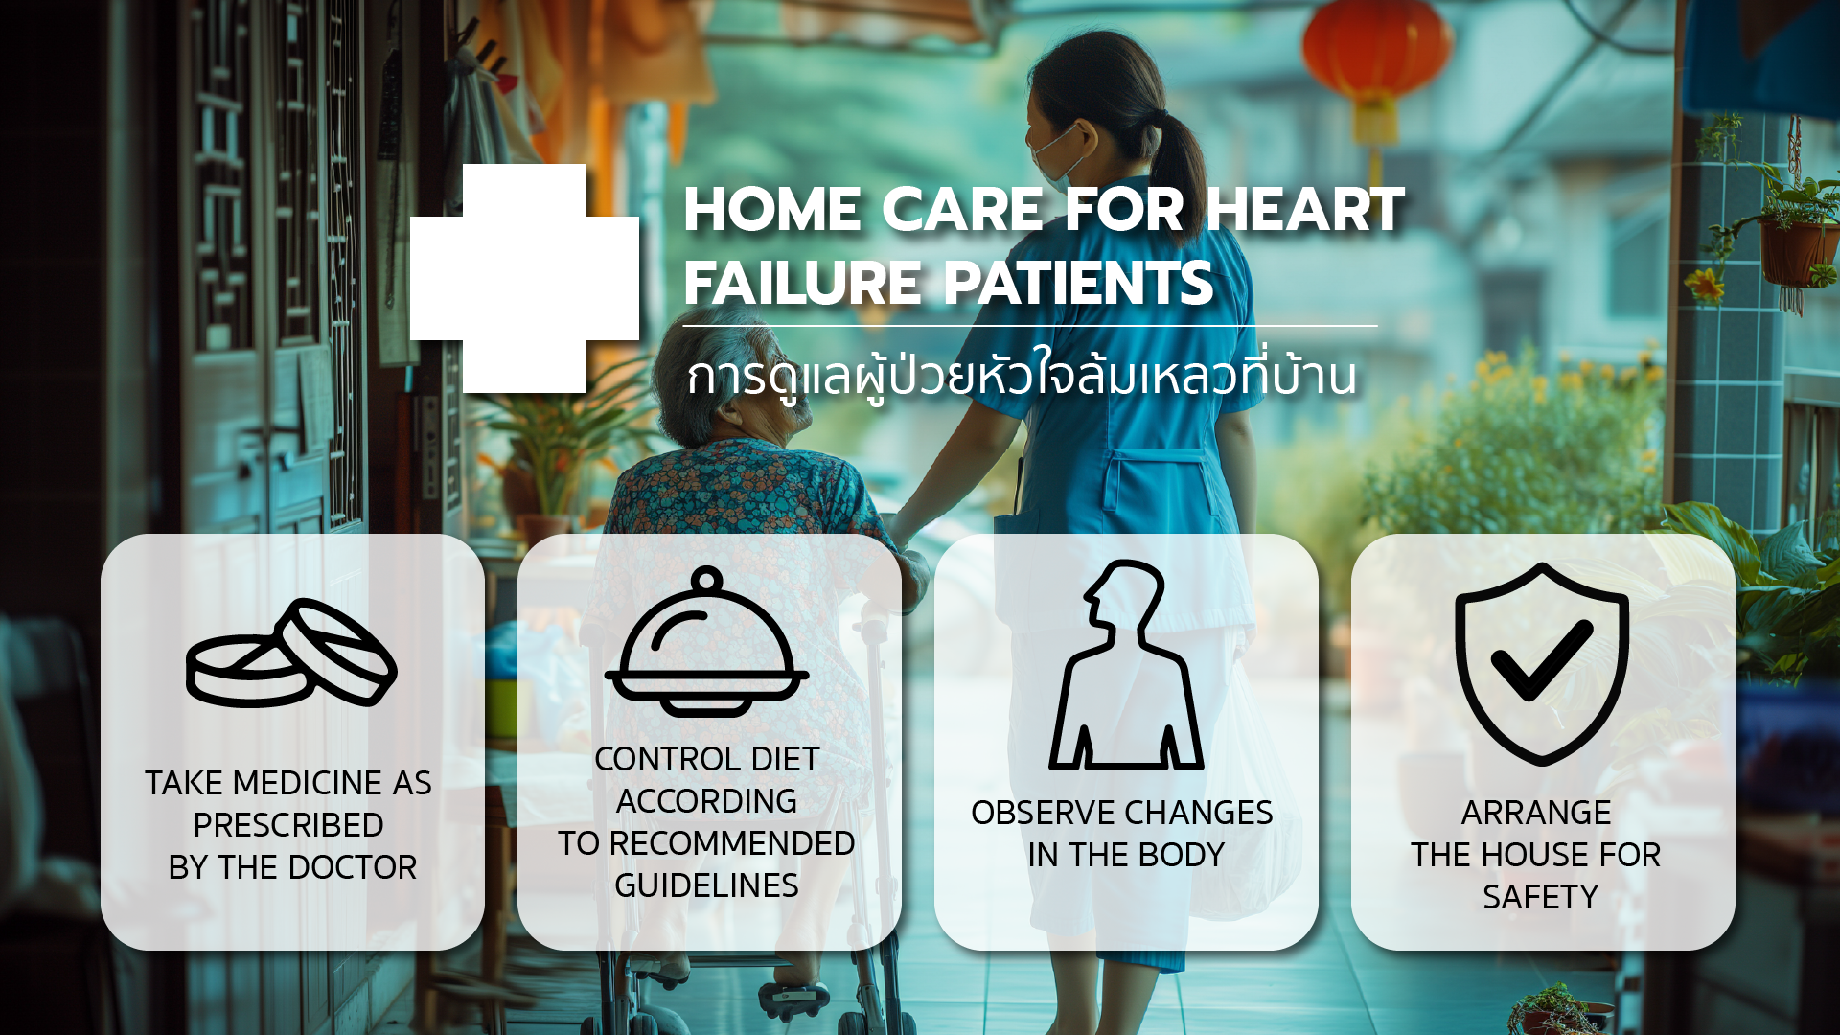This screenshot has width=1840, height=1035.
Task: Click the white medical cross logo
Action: point(524,278)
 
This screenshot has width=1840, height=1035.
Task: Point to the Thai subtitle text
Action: point(1022,375)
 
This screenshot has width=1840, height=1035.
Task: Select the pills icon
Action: point(291,653)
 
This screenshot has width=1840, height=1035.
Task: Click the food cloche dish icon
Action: point(707,641)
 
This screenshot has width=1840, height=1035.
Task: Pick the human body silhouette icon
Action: point(1126,664)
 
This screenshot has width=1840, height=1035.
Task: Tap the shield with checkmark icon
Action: point(1542,663)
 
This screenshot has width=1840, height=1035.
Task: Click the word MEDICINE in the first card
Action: point(308,783)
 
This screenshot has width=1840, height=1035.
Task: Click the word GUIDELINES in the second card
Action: point(706,885)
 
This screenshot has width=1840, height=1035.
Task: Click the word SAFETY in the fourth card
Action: point(1541,897)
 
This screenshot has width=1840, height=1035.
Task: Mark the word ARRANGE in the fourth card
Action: point(1536,813)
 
